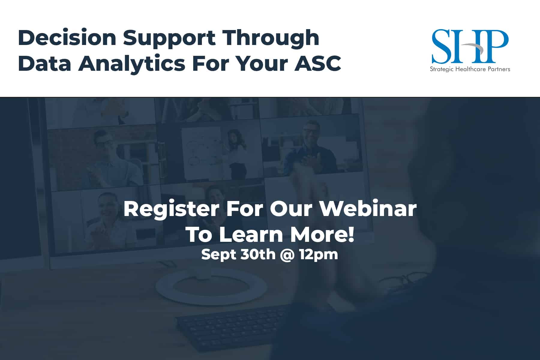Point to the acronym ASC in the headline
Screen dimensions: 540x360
318,63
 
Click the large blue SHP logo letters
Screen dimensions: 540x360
470,46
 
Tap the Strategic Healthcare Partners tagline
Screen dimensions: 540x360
470,69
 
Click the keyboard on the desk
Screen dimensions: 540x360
231,327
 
